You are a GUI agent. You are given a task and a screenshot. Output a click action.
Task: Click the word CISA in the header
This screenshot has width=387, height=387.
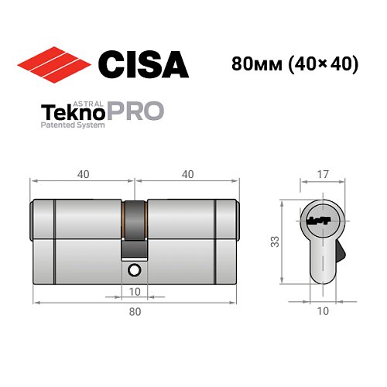click(142, 63)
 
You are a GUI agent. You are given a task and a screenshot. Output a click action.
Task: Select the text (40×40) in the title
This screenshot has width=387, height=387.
click(320, 64)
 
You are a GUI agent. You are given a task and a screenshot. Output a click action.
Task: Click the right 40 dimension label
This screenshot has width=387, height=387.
click(187, 174)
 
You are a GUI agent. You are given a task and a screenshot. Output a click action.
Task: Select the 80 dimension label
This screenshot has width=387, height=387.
click(135, 312)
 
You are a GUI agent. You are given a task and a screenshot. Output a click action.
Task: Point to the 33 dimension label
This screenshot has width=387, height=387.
click(275, 241)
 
